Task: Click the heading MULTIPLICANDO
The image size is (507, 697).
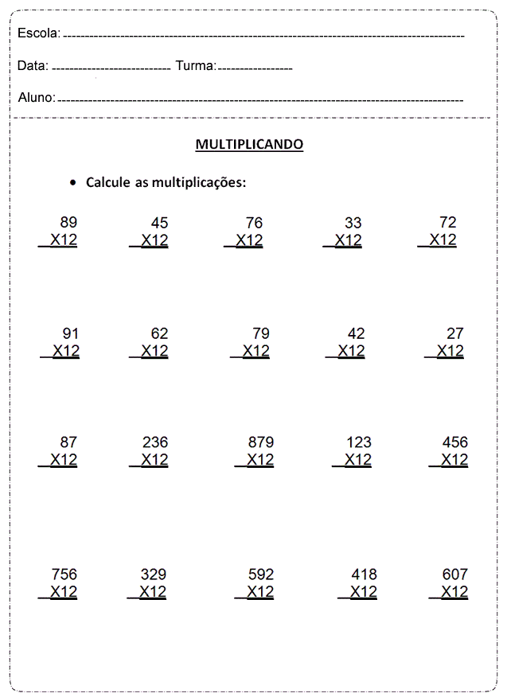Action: [x=249, y=145]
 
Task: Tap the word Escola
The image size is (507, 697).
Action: [x=37, y=33]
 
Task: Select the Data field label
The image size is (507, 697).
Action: [x=32, y=66]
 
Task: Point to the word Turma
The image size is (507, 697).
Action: [x=195, y=66]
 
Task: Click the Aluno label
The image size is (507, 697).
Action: [x=36, y=98]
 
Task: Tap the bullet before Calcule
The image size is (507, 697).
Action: [x=73, y=183]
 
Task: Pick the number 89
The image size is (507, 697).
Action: [x=68, y=223]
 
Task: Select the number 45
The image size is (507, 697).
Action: [x=159, y=224]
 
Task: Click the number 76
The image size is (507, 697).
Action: [x=253, y=224]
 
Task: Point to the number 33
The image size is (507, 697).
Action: [x=353, y=224]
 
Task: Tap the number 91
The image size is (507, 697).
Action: [x=71, y=333]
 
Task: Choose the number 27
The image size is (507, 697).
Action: [x=454, y=333]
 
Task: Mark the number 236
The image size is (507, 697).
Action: [x=155, y=442]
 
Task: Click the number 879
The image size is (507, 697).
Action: [x=261, y=442]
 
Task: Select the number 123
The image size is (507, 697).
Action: [x=359, y=442]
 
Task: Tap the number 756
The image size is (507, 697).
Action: [x=64, y=574]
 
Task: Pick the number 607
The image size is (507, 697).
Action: [x=455, y=574]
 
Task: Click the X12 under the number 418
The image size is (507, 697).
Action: [x=363, y=592]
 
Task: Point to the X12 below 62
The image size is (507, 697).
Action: [x=154, y=351]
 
